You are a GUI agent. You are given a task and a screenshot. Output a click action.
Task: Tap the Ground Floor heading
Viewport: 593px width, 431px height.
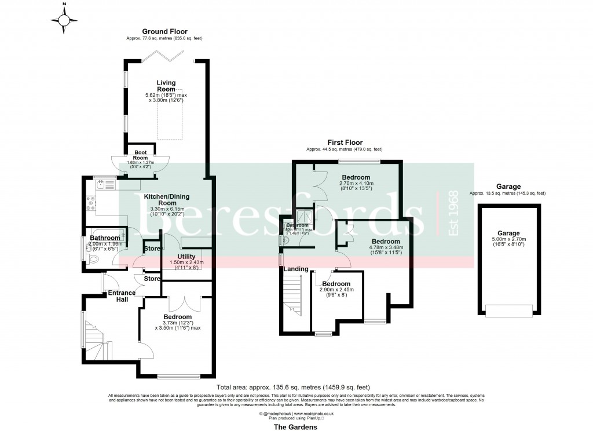click(x=164, y=31)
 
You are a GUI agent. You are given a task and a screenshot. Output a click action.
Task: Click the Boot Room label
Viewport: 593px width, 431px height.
click(x=141, y=155)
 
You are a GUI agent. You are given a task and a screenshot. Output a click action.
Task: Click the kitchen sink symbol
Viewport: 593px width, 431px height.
click(x=101, y=185)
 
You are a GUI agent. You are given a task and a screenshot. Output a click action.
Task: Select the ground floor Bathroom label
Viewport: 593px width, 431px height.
click(x=105, y=238)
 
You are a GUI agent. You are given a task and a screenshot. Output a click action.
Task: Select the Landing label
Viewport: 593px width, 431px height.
click(x=295, y=268)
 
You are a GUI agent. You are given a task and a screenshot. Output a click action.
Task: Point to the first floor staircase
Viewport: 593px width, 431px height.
click(x=294, y=295)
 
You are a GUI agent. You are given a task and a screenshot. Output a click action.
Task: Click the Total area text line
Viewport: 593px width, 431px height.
click(x=293, y=387)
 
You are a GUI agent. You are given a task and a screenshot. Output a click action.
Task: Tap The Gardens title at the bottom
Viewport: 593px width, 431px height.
click(x=296, y=426)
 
